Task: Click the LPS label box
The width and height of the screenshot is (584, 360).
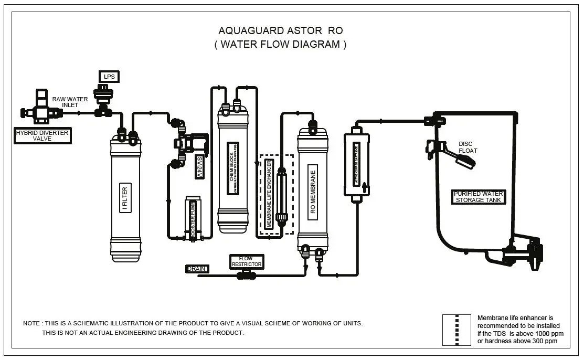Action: click(109, 77)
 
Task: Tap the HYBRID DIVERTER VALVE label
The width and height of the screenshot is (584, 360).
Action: click(42, 136)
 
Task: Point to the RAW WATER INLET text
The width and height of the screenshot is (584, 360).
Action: click(70, 102)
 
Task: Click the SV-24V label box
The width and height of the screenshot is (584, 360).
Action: click(199, 167)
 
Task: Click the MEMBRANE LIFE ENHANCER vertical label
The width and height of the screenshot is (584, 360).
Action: click(268, 194)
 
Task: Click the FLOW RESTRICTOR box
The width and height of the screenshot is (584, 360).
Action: click(246, 261)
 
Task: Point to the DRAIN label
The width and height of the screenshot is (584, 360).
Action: click(197, 269)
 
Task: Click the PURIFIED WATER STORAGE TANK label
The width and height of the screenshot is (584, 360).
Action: click(478, 197)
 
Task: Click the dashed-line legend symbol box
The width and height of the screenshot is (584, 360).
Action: click(456, 330)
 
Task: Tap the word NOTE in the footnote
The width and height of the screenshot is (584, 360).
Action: click(31, 323)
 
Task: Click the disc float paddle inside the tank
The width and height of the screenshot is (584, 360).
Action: click(465, 159)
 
